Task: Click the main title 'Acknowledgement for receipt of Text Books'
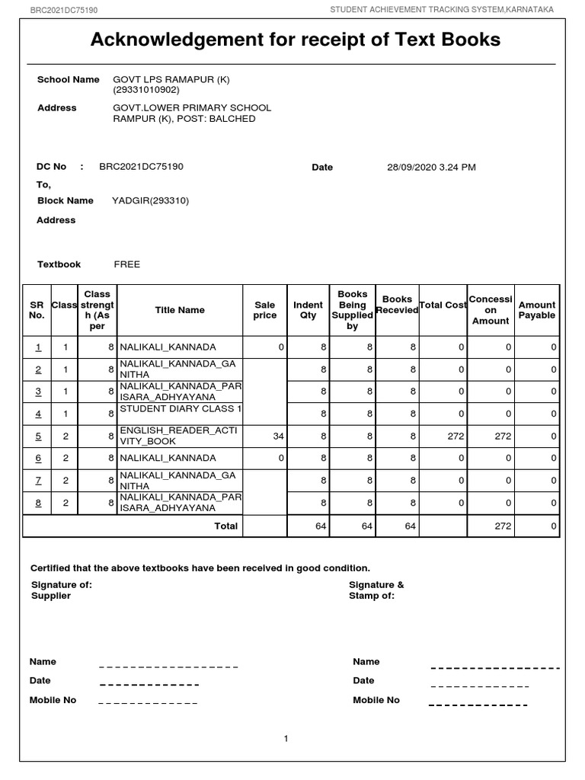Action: (x=296, y=40)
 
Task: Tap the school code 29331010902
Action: (x=146, y=90)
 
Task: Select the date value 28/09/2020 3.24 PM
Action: (x=431, y=167)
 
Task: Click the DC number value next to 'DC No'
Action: (x=141, y=166)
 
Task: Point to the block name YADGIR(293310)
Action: (x=151, y=200)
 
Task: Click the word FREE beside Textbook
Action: (x=127, y=264)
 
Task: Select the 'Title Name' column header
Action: (x=180, y=310)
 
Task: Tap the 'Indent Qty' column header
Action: (x=308, y=310)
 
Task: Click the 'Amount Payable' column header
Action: (x=537, y=310)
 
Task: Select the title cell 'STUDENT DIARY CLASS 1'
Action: (x=180, y=409)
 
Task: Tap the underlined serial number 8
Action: (x=38, y=503)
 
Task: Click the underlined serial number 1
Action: (x=38, y=347)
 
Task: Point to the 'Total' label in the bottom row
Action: (x=226, y=526)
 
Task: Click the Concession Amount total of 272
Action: (x=502, y=526)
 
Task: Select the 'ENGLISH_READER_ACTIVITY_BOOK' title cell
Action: (x=180, y=436)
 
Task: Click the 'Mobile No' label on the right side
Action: (x=376, y=700)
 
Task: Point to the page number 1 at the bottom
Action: (x=286, y=738)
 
